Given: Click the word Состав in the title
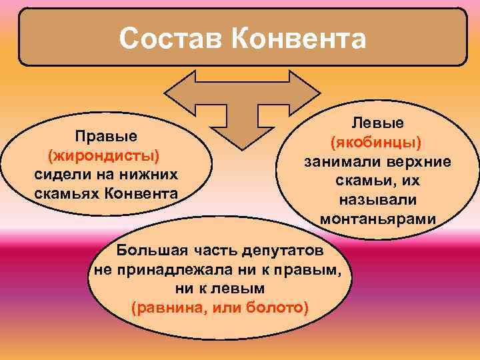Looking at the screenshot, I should (171, 38).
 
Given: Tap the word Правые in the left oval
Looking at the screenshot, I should (106, 136).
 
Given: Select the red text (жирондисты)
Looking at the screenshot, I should (104, 155).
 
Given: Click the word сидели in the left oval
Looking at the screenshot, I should (59, 175).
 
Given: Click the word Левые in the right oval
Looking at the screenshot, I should (377, 124).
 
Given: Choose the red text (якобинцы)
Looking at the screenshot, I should (377, 143).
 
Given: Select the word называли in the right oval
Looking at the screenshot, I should (377, 200).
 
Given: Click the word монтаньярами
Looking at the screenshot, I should (377, 219).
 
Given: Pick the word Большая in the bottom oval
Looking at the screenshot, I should (147, 251).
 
